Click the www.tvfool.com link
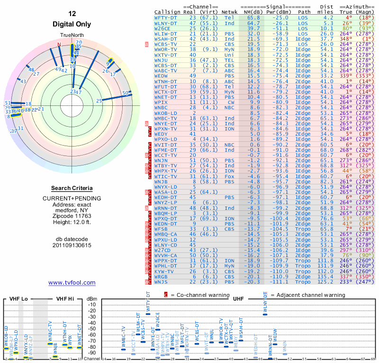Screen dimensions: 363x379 click(72, 283)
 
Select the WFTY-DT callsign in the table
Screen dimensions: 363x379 click(165, 17)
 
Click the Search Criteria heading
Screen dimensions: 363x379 click(72, 188)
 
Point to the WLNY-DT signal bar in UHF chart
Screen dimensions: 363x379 click(265, 314)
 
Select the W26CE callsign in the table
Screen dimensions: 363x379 click(163, 28)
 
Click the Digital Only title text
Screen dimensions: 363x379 click(72, 24)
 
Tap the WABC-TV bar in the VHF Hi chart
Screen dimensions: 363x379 click(50, 343)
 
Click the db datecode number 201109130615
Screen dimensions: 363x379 click(72, 245)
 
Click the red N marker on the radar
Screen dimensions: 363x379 click(59, 44)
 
